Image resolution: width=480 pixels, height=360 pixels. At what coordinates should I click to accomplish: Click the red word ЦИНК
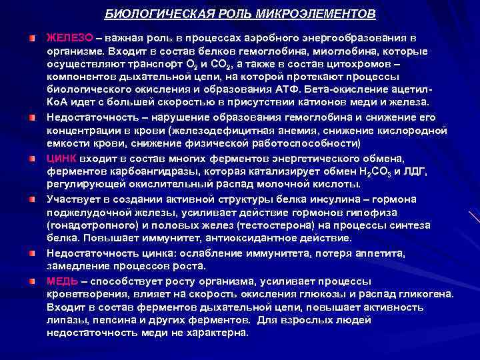pos(62,159)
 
